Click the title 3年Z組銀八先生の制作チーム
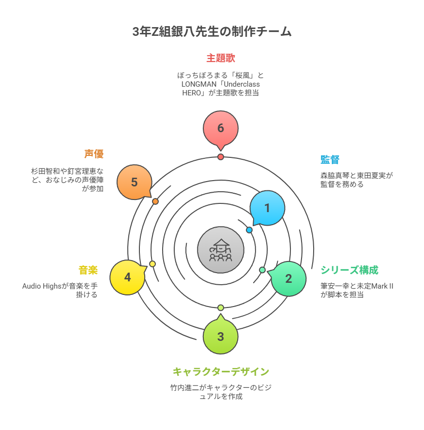[x=212, y=32]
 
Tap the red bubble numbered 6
[x=221, y=128]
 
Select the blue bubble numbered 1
[x=267, y=208]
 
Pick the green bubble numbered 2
[x=288, y=278]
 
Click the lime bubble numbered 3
[x=221, y=337]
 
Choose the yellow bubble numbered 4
[x=127, y=277]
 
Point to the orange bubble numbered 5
[x=135, y=182]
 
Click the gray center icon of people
[x=221, y=249]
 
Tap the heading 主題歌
[x=221, y=59]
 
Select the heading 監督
[x=330, y=160]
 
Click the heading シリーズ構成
[x=349, y=270]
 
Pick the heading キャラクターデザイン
[x=221, y=372]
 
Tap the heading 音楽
[x=88, y=270]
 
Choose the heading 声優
[x=94, y=154]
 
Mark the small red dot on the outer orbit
[x=221, y=157]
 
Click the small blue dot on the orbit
[x=249, y=230]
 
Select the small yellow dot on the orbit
[x=152, y=264]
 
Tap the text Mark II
[x=382, y=286]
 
